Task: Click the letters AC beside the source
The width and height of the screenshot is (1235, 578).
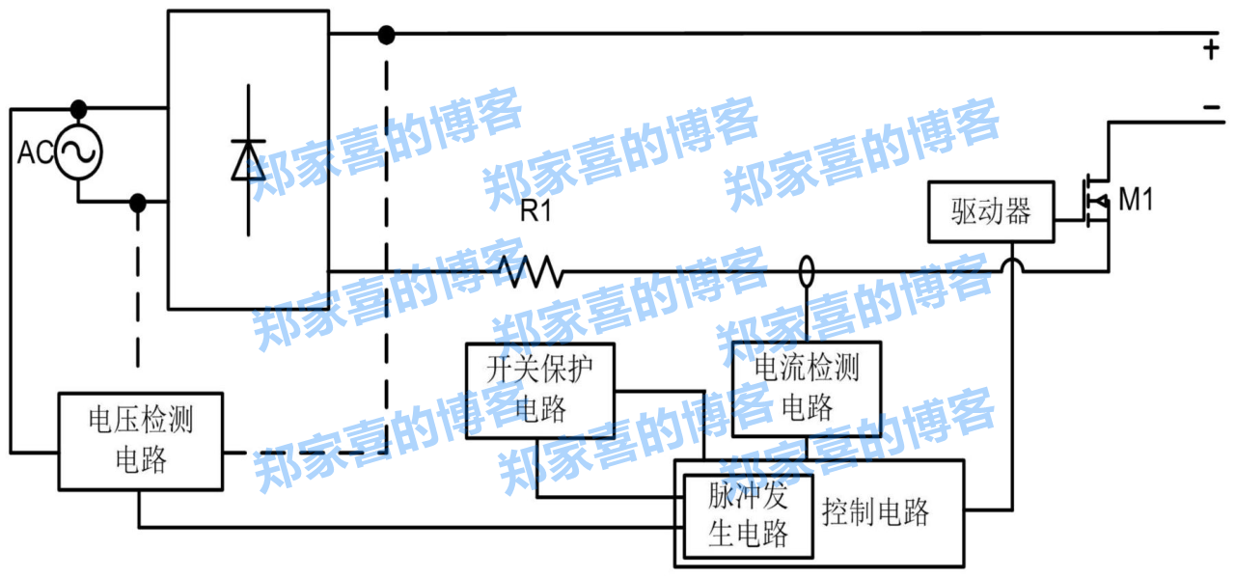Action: click(35, 152)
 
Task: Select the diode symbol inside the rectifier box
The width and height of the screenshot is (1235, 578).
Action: click(248, 160)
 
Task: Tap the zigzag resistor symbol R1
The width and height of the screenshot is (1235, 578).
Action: click(530, 271)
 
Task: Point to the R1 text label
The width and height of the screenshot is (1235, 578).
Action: click(536, 212)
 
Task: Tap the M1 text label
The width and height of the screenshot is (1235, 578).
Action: click(1136, 201)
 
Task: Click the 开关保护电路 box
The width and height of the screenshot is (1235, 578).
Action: click(540, 388)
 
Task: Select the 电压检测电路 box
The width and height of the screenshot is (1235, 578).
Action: click(141, 440)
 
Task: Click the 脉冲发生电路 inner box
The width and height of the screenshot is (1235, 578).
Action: click(749, 516)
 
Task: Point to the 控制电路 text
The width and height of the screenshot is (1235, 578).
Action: click(876, 511)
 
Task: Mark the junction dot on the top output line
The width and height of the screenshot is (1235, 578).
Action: click(386, 36)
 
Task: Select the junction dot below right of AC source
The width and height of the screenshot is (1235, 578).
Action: click(139, 203)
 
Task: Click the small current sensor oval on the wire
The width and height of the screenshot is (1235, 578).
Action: click(807, 271)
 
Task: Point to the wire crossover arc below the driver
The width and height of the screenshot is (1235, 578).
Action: click(1012, 264)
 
